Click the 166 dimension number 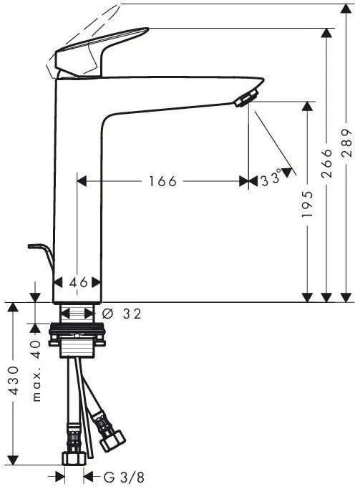click(162, 181)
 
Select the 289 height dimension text click(346, 142)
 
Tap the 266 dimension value click(326, 163)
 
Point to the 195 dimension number click(307, 204)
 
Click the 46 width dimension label click(78, 283)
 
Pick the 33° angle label click(271, 179)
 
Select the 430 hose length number click(14, 380)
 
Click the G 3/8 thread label click(124, 477)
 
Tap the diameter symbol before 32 click(107, 314)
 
